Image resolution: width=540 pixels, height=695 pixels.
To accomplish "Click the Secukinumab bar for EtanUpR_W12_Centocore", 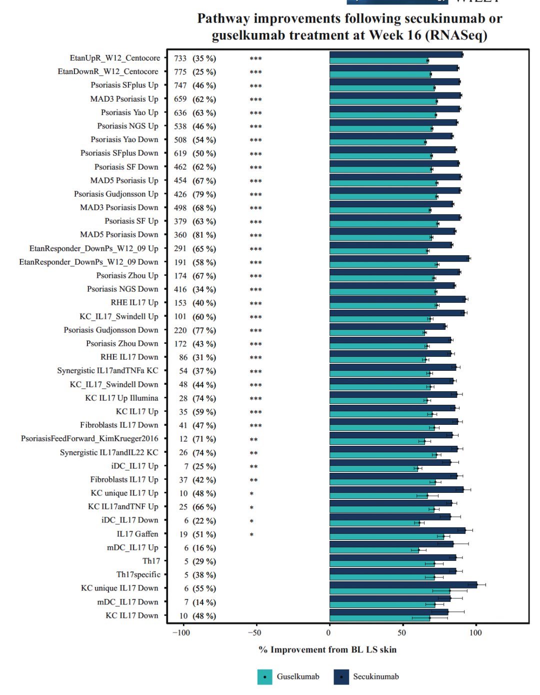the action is point(396,55).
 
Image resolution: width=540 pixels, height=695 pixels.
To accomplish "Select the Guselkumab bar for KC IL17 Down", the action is point(379,618).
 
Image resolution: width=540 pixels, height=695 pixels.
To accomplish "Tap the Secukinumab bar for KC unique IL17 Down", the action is point(403,584).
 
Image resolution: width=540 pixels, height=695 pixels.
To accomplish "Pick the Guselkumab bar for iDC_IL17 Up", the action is point(373,468).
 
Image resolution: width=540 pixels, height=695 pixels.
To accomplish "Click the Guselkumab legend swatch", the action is point(264,677).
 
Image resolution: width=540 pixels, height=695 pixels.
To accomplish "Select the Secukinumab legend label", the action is point(376,677).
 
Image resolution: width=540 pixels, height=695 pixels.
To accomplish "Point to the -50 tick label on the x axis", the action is point(254,632).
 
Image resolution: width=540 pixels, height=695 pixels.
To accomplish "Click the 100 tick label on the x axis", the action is point(475,632).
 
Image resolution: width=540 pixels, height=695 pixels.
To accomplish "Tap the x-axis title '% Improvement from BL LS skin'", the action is point(327,649).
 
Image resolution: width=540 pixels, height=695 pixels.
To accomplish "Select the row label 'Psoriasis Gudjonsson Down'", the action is point(111,330).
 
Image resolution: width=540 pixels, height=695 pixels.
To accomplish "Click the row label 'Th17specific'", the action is point(138,575).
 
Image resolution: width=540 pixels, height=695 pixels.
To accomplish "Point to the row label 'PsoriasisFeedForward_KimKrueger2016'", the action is point(89,438).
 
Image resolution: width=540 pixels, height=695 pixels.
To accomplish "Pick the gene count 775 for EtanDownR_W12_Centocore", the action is point(180,72).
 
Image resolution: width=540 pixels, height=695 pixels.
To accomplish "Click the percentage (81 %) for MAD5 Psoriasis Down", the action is point(204,235).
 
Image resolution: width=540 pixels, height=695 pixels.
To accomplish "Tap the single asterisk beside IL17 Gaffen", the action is point(252,534).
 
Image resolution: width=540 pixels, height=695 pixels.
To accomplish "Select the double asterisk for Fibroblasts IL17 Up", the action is point(253,480).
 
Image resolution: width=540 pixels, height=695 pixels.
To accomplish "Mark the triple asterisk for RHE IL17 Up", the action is point(255,303).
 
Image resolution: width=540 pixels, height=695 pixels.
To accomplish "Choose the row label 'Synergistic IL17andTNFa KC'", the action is point(107,371).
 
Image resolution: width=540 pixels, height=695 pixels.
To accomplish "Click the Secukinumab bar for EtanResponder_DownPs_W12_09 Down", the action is point(399,258).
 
